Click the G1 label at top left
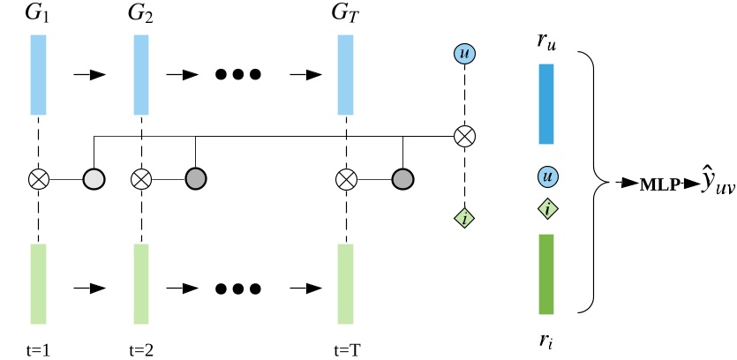click(x=37, y=14)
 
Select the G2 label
click(x=141, y=14)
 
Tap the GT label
click(x=345, y=14)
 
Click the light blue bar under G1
click(x=37, y=75)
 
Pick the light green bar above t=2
click(x=141, y=283)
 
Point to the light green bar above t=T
click(x=345, y=283)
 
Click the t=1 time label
click(x=39, y=348)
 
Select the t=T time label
click(x=347, y=348)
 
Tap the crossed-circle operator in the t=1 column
click(x=38, y=180)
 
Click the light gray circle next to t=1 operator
click(x=93, y=180)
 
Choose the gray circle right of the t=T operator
click(x=403, y=180)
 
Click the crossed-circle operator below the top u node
click(x=464, y=137)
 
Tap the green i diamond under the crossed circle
click(x=464, y=217)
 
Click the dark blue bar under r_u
click(x=546, y=103)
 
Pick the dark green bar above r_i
click(x=546, y=274)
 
